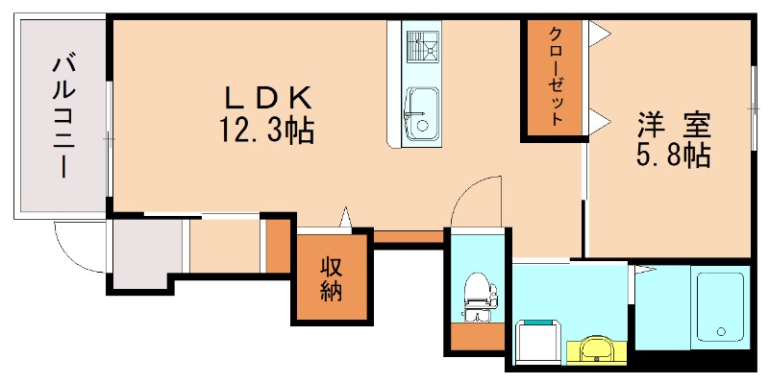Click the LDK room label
click(268, 96)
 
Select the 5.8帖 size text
click(674, 156)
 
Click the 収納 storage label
click(332, 278)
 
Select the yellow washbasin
click(596, 350)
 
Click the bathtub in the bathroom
click(720, 306)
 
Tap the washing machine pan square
click(539, 342)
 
